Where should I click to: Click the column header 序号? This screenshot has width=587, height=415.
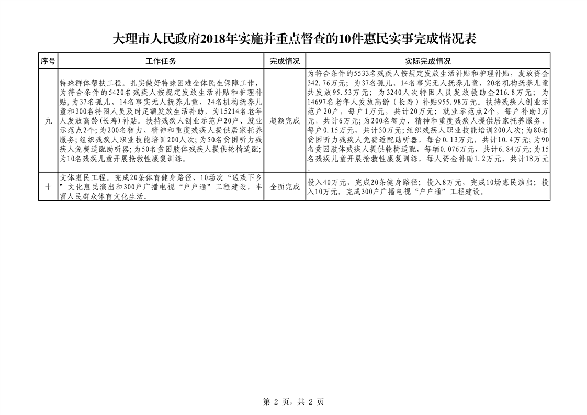(48, 61)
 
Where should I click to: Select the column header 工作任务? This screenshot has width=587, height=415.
(161, 61)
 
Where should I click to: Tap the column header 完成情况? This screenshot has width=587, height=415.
(285, 61)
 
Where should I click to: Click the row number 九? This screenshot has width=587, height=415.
(48, 120)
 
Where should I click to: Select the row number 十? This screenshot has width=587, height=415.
(48, 187)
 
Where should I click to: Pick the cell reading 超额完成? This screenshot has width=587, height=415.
(285, 120)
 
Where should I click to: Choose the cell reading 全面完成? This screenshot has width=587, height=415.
(285, 187)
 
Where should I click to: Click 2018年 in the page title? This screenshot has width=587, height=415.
(216, 40)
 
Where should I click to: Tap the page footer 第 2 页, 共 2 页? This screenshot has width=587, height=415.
(293, 402)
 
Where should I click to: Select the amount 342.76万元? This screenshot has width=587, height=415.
(328, 83)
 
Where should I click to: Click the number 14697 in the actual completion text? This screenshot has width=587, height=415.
(319, 101)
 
